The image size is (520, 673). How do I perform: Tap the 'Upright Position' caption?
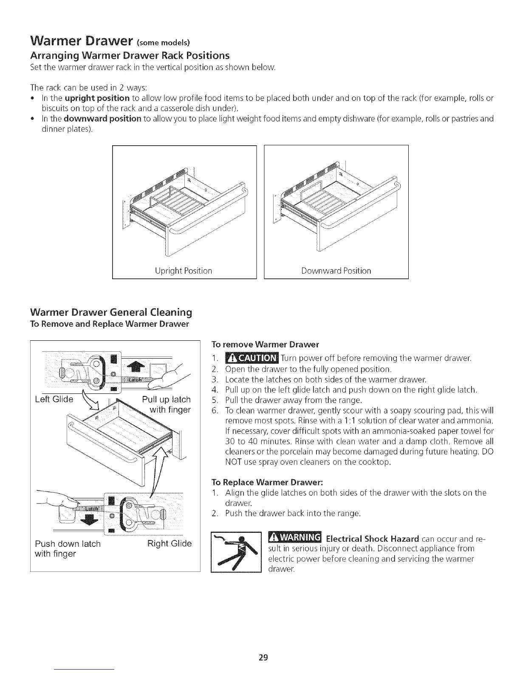coord(184,271)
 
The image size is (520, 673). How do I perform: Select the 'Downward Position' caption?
coord(336,271)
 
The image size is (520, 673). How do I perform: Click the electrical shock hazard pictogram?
coord(236,552)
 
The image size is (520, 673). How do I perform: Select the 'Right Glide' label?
coord(170,543)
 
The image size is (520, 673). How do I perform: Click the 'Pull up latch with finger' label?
coord(166,404)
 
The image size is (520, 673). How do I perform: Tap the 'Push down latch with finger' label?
coord(68,549)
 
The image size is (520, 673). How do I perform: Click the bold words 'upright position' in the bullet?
coord(97,98)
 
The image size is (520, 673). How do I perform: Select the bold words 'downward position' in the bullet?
coord(102,119)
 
